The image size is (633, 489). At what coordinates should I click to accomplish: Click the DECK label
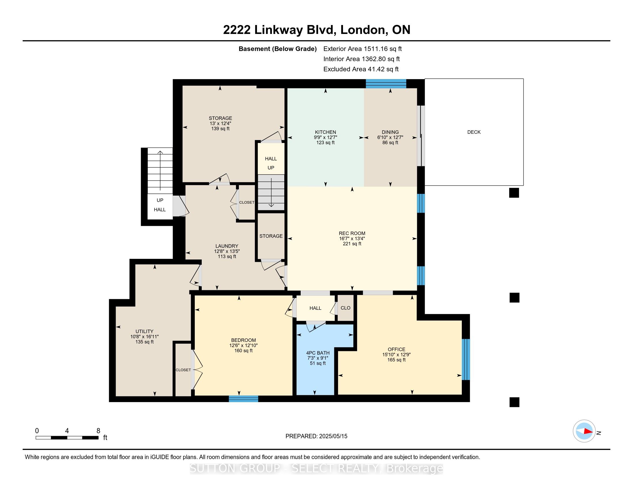point(474,132)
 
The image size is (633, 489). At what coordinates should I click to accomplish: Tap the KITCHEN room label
point(325,132)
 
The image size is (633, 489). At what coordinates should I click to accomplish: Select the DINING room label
point(390,132)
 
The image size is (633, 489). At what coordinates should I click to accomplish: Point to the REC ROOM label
point(352,233)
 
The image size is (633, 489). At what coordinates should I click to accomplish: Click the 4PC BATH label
point(318,353)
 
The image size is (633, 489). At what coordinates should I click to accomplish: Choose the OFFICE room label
point(396,349)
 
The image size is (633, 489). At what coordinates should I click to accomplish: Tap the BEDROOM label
point(243,340)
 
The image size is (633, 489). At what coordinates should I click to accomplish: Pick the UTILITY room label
point(144,331)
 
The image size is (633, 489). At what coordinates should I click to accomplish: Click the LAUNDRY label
point(227,246)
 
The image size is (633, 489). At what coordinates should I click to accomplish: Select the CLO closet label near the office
point(346,308)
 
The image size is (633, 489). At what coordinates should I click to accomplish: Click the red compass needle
point(588,431)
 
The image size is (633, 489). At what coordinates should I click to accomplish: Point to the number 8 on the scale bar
point(98,431)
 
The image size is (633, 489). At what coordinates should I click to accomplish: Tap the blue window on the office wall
point(466,359)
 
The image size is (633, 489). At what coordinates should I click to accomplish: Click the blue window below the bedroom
point(243,399)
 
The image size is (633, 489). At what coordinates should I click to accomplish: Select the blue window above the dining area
point(386,83)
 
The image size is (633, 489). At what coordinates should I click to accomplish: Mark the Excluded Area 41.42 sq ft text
point(361,69)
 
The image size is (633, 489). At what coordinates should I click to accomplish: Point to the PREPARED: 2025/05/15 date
point(316,436)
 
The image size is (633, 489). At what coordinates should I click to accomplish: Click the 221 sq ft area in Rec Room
point(352,244)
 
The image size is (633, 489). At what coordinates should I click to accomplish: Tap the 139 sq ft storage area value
point(220,129)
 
